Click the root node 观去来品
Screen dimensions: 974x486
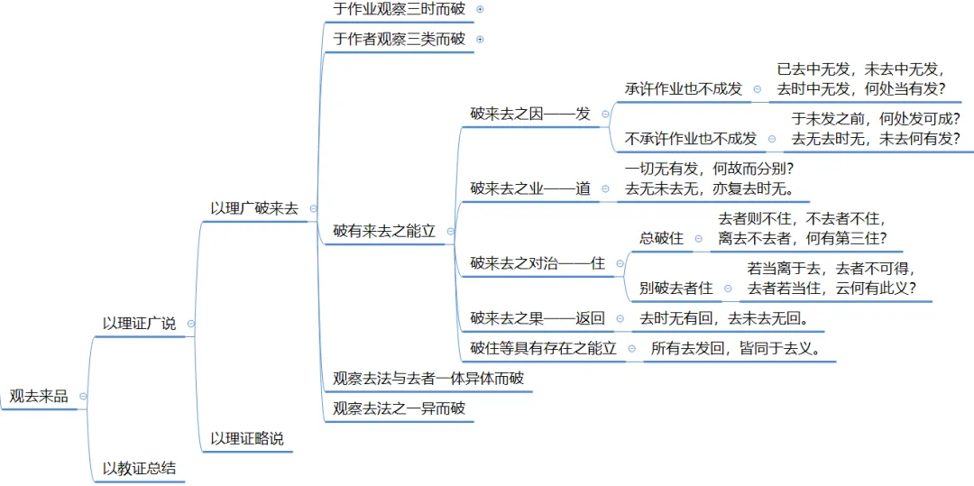tap(39, 396)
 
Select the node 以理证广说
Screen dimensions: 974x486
tap(139, 323)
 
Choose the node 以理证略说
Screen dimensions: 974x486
tap(246, 438)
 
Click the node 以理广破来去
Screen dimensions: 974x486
tap(253, 207)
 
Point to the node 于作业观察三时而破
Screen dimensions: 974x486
tap(399, 9)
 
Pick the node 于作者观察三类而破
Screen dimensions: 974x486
tap(399, 39)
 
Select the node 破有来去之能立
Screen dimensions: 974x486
tap(384, 231)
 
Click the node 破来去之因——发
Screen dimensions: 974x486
tap(530, 114)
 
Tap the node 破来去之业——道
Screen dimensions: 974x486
tap(530, 188)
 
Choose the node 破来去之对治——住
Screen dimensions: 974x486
tap(538, 263)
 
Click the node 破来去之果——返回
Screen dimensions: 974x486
tap(538, 318)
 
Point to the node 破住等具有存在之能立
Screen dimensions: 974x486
tap(543, 348)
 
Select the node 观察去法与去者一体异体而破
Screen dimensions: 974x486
tap(427, 378)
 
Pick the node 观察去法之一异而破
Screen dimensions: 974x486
tap(399, 408)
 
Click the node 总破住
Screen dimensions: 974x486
tap(661, 238)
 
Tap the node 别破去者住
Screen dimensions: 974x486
tap(675, 288)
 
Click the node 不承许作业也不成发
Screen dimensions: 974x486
tap(691, 138)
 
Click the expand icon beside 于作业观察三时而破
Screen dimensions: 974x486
tap(480, 9)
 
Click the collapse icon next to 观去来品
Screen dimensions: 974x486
tap(83, 396)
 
